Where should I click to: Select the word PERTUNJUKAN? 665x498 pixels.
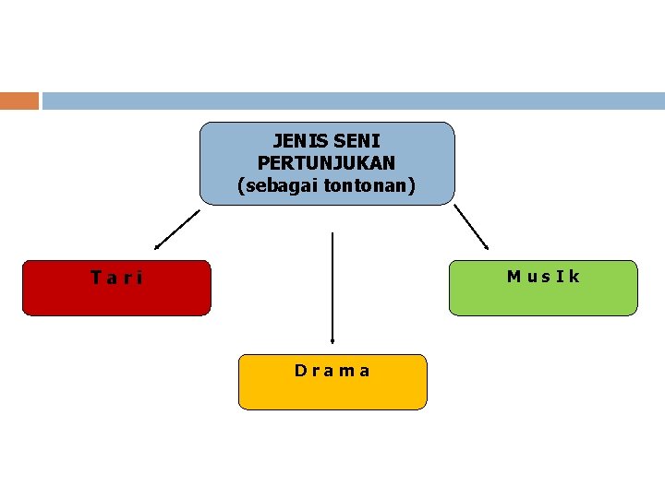327,163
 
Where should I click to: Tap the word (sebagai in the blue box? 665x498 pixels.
273,185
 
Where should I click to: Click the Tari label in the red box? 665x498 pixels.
116,277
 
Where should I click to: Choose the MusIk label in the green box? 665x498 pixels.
543,276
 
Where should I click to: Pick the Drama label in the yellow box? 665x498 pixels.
332,371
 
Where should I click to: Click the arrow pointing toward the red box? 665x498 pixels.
177,229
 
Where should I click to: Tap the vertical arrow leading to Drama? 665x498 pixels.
332,286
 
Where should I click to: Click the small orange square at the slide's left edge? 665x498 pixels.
19,101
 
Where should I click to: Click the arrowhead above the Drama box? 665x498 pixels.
332,340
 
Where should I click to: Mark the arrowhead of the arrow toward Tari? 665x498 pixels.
157,247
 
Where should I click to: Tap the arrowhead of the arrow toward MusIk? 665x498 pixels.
486,245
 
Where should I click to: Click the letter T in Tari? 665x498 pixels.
96,277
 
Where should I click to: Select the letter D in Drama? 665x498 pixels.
300,371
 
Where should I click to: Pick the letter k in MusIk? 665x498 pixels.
574,276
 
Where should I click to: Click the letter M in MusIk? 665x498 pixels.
514,276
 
